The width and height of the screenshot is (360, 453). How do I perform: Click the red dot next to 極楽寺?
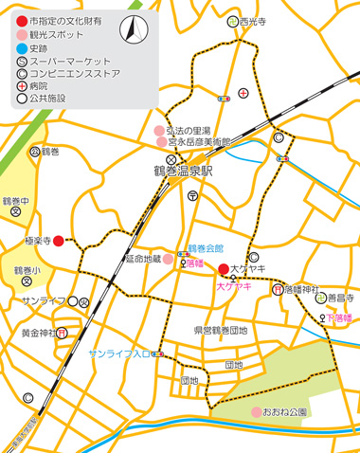click(x=59, y=241)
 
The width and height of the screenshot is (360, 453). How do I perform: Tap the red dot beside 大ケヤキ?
click(x=224, y=269)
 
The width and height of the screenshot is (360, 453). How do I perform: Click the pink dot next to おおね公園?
click(x=256, y=411)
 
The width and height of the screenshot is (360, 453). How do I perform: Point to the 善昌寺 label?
click(x=339, y=298)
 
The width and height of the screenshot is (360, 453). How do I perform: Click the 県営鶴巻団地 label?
click(x=220, y=331)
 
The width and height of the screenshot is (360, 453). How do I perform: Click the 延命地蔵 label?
click(x=142, y=257)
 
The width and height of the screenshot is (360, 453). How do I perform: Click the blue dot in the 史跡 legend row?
click(x=21, y=46)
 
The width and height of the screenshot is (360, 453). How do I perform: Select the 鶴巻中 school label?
click(x=17, y=201)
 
